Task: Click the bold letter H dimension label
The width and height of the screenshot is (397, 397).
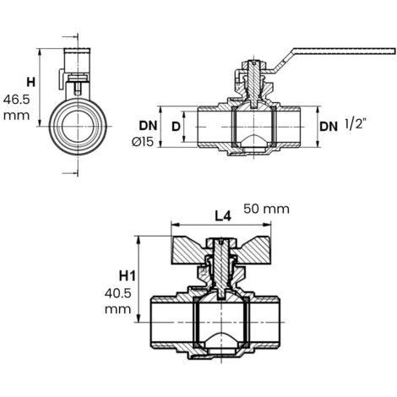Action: click(x=31, y=83)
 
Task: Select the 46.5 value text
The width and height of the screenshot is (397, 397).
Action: click(x=16, y=100)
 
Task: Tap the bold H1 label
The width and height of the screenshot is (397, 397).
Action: click(x=128, y=276)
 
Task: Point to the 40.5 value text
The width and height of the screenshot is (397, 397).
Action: click(x=118, y=294)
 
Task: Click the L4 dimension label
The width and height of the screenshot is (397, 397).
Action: click(x=223, y=216)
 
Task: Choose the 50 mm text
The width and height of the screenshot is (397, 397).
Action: click(x=266, y=209)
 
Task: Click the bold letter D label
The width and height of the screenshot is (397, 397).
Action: click(x=176, y=127)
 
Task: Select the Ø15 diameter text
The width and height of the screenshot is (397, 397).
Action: click(x=143, y=142)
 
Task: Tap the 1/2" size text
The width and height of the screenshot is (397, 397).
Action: click(x=356, y=124)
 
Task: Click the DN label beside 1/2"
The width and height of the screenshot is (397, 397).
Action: click(x=329, y=127)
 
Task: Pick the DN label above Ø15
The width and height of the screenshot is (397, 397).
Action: click(x=148, y=126)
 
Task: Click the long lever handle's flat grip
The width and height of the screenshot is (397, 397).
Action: click(x=345, y=51)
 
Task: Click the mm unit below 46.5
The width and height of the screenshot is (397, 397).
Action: click(x=16, y=116)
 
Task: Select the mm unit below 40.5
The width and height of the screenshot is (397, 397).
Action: click(x=118, y=310)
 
